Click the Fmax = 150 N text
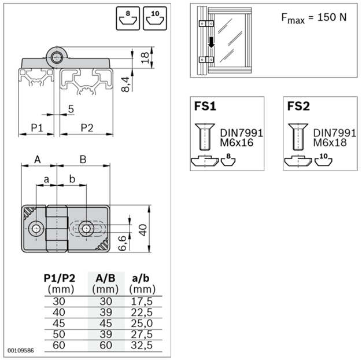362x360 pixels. tap(314, 18)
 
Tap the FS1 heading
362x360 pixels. tap(205, 106)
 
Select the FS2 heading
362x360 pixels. tap(298, 106)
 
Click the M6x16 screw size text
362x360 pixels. tap(237, 142)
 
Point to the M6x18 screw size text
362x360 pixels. tap(330, 142)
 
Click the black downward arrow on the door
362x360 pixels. tap(211, 42)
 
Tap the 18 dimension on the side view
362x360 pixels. tap(145, 58)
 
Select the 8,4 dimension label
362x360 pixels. tap(125, 85)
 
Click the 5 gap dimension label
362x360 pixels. tap(71, 109)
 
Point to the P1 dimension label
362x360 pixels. tap(37, 128)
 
